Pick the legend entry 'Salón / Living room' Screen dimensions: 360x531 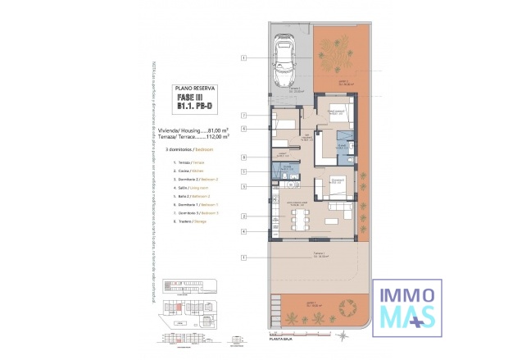191,187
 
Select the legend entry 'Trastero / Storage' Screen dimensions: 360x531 191,221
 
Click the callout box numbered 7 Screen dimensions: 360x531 244,116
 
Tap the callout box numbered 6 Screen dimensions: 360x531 244,129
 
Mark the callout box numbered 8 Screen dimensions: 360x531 244,157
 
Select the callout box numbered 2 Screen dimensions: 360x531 244,216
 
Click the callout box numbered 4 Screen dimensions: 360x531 244,231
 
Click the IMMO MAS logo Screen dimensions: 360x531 408,307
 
